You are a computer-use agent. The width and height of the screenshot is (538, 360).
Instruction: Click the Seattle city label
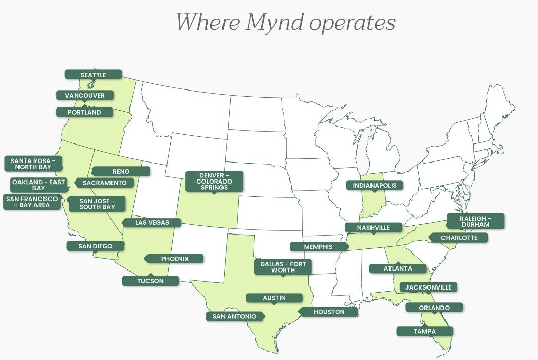[93, 75]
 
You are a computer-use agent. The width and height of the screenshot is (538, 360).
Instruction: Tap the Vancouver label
[84, 95]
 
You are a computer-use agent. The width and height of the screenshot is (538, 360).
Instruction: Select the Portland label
[85, 112]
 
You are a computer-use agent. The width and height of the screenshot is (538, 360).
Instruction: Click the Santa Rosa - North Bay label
[33, 164]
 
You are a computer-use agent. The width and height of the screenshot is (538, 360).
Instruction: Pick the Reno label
[121, 171]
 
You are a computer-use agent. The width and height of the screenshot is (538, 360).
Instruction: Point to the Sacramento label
[104, 183]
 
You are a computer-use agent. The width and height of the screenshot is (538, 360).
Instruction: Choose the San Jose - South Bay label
[97, 204]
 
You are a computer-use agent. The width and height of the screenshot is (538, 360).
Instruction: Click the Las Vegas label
[151, 223]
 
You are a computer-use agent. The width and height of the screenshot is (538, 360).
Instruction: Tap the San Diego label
[95, 246]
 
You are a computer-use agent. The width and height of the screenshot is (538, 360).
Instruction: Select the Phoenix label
[175, 259]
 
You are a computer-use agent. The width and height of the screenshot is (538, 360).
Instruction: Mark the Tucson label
[150, 281]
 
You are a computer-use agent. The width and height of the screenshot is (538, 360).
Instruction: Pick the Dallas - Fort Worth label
[283, 267]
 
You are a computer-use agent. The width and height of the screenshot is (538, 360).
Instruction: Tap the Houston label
[329, 312]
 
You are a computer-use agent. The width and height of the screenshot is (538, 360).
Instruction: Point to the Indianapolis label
[375, 185]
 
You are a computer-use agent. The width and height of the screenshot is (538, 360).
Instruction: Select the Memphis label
[318, 247]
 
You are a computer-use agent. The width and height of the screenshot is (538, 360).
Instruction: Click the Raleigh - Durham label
[475, 221]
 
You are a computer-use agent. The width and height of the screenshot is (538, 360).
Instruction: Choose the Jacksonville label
[428, 287]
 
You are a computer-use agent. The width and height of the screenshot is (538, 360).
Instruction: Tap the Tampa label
[424, 331]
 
